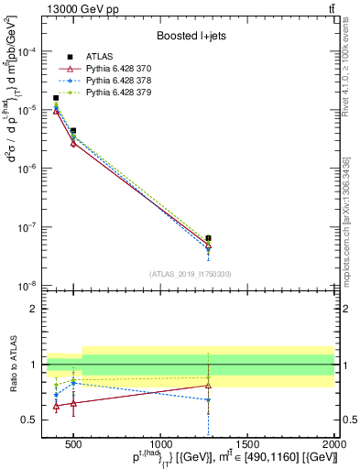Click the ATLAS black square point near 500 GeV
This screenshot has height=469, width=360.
click(x=73, y=131)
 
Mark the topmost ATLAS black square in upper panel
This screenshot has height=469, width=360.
click(x=56, y=98)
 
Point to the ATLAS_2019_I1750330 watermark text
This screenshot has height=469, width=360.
click(x=190, y=274)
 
